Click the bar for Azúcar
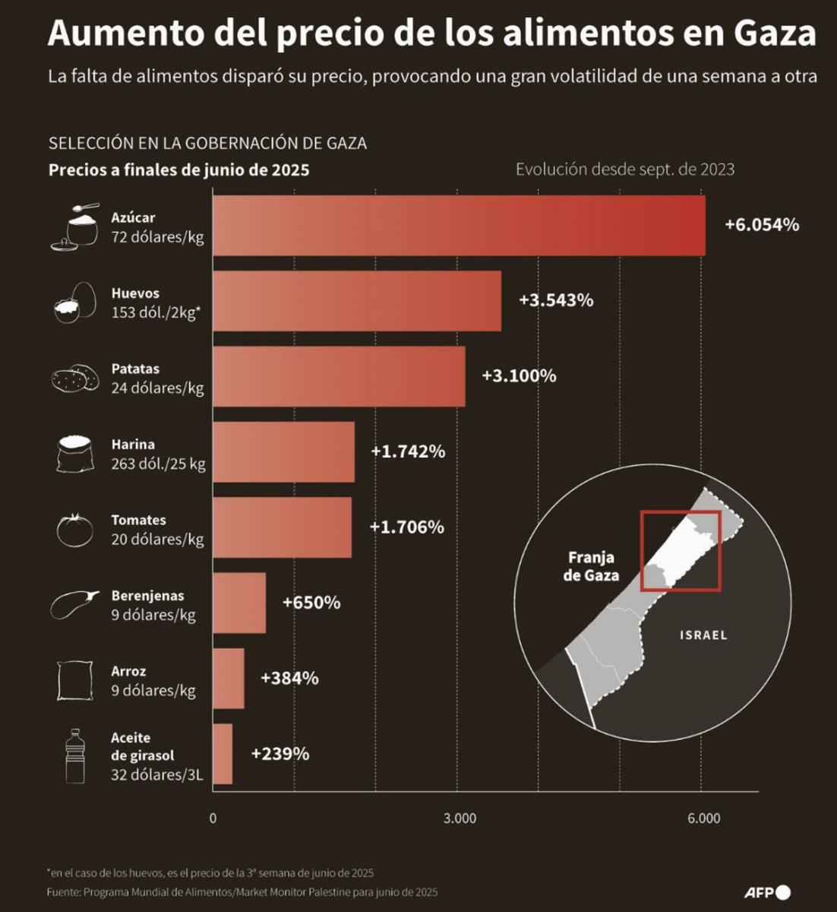coord(459,226)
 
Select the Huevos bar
coord(357,301)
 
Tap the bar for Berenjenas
coord(239,603)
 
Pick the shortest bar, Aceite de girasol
coord(223,754)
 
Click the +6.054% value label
coord(761,225)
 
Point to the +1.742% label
coord(408,451)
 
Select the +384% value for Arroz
coord(289,678)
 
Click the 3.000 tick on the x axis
coord(460,819)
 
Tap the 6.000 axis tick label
coord(703,819)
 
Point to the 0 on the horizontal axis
coord(213,819)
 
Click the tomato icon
coord(75,530)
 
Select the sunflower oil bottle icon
coord(74,755)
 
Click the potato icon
coord(74,378)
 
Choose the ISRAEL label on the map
coord(703,635)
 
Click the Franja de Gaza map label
coord(591,566)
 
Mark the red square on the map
coord(681,551)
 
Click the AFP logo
coord(767,892)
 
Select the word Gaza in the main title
coord(775,34)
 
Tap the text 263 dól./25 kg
coord(158,464)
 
